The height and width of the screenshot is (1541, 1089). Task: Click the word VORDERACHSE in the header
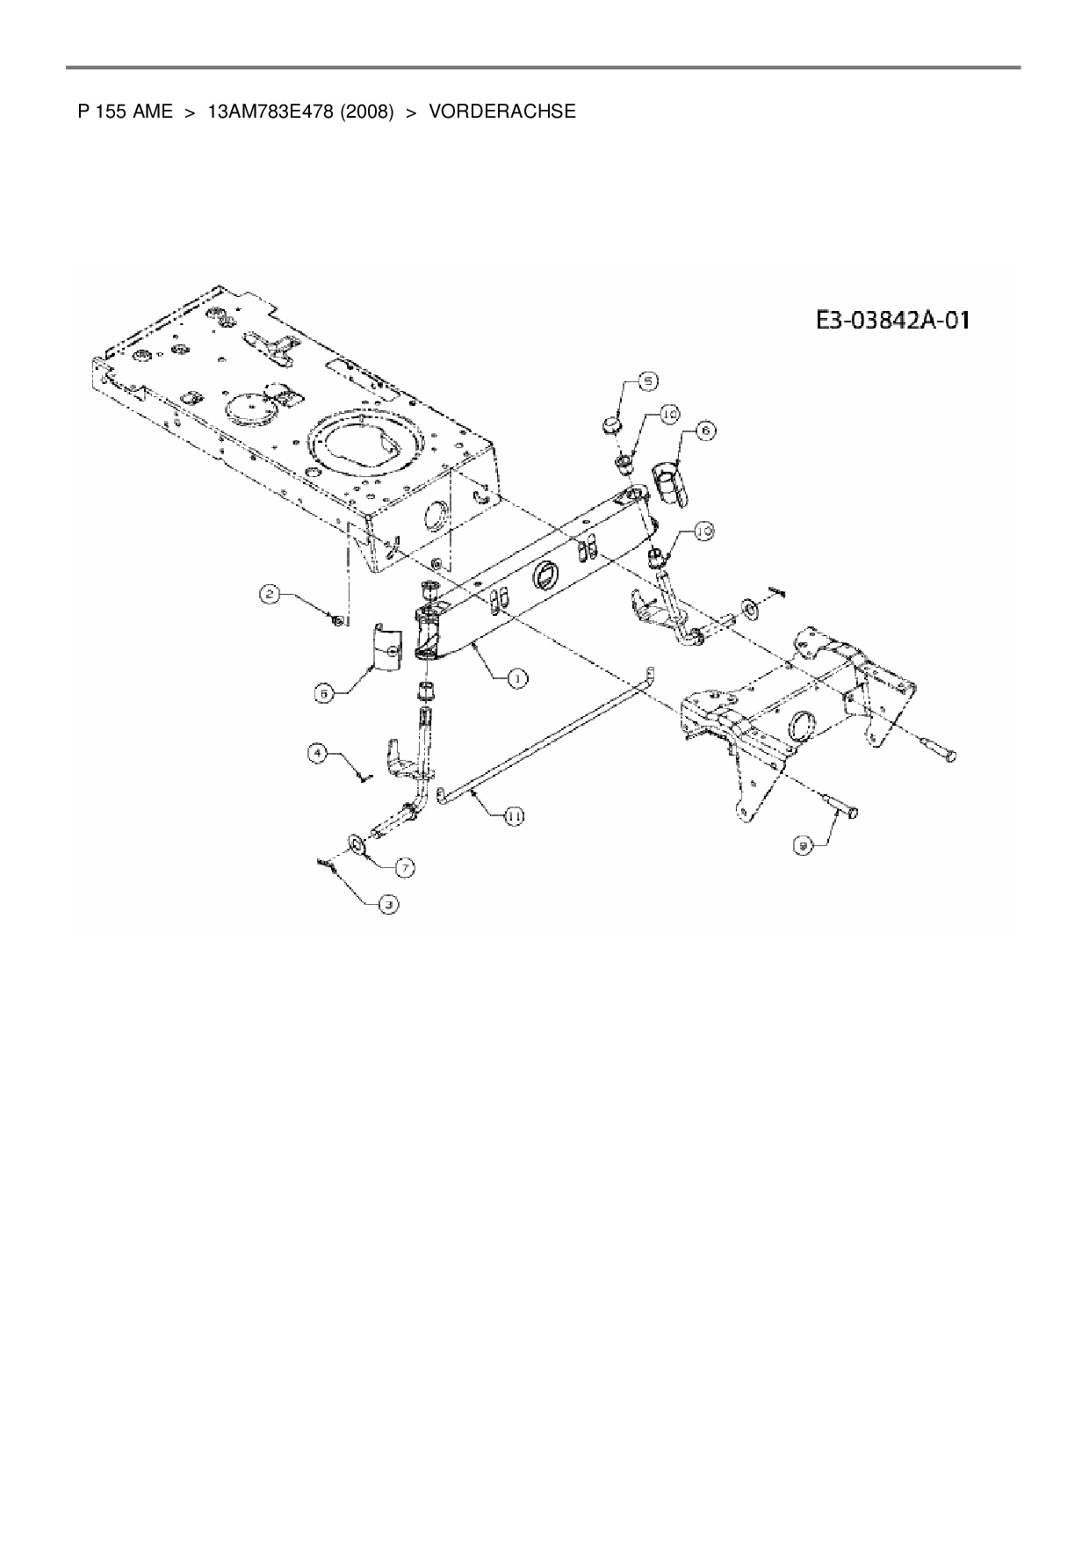pos(502,112)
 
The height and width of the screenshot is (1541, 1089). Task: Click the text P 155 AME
pos(125,112)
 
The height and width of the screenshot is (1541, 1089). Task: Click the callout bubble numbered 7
pos(404,867)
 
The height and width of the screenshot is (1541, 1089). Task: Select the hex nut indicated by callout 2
pos(336,621)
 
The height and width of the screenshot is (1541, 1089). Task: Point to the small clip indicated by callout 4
pos(364,774)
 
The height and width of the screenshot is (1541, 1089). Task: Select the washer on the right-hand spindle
pos(751,607)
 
